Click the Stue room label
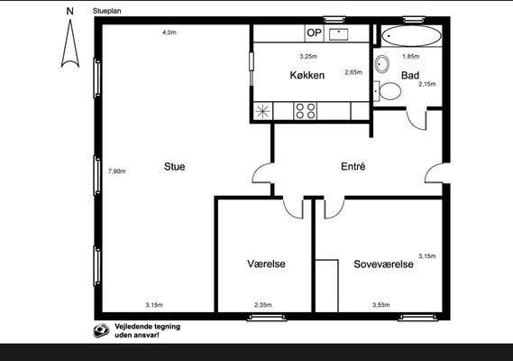[174, 166]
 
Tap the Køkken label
[307, 75]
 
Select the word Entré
[353, 166]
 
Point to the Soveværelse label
[383, 264]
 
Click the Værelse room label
[266, 264]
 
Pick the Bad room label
[410, 75]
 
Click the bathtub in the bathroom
[412, 36]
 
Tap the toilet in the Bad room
[388, 91]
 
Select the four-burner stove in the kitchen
[306, 111]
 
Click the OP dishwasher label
[314, 32]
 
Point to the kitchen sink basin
[338, 34]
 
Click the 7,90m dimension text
[117, 171]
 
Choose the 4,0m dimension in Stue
[169, 32]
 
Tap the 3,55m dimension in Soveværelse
[380, 305]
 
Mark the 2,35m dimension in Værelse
[263, 305]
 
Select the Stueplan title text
[106, 11]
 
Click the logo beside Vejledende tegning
[101, 330]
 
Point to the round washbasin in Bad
[381, 64]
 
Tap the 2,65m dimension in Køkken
[353, 72]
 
